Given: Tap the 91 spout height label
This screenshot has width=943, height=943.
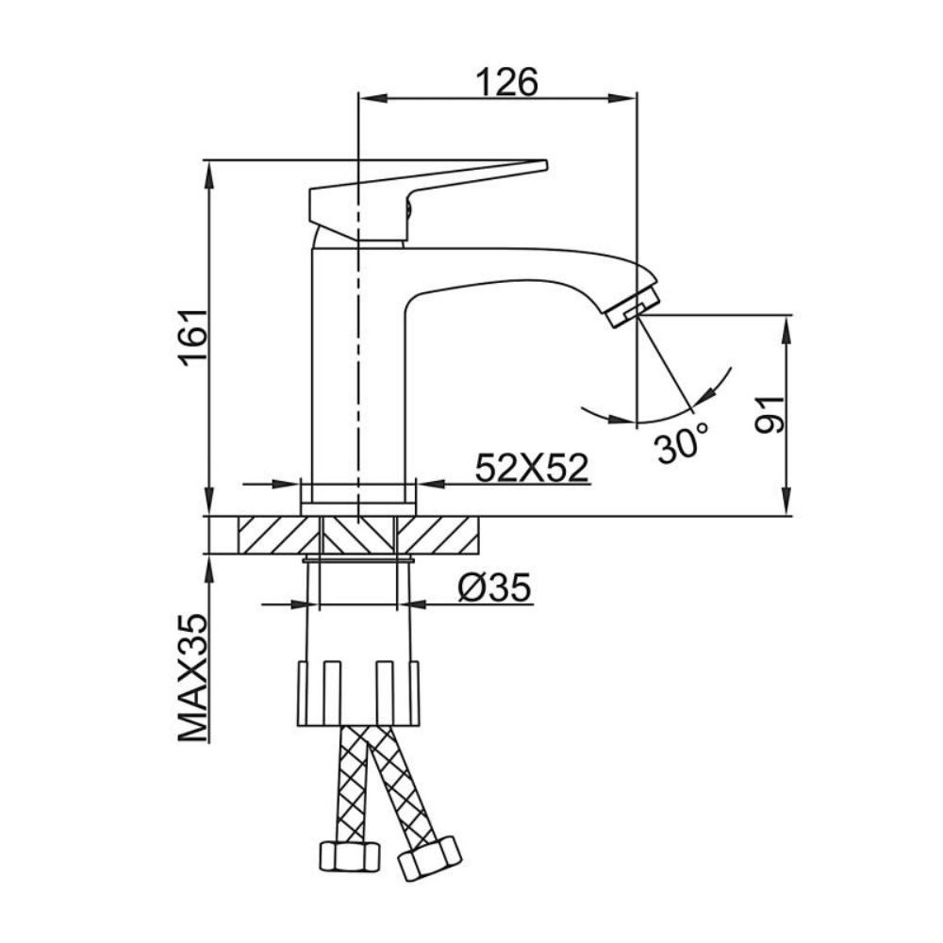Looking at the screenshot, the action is pos(769,415).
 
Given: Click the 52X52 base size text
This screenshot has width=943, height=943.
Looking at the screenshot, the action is pos(531,468).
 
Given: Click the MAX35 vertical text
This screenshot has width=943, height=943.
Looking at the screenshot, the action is pos(193,678).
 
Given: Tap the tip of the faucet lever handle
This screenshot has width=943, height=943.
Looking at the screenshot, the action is pos(546,165).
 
